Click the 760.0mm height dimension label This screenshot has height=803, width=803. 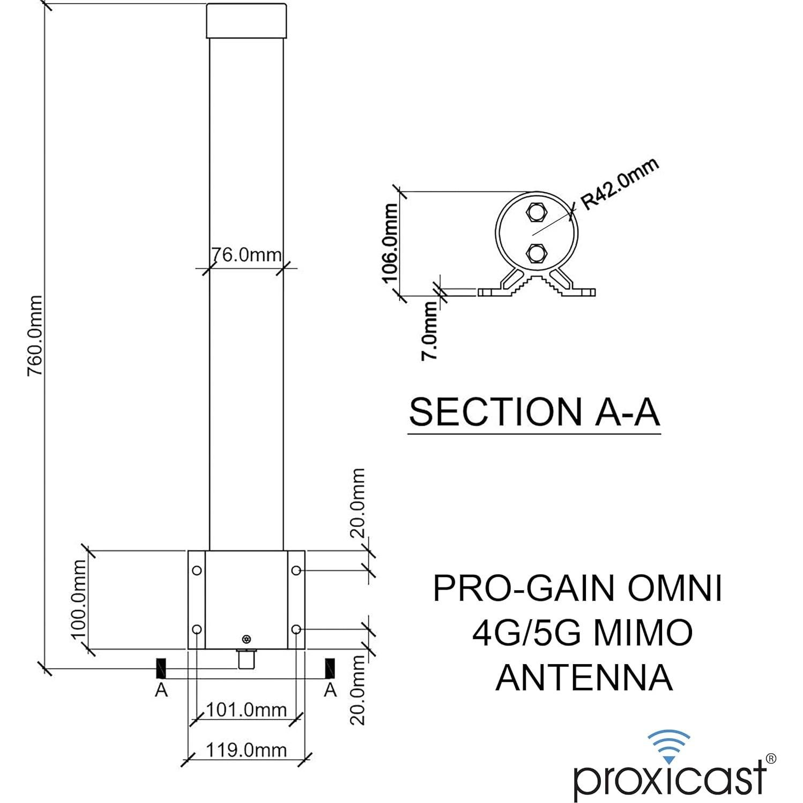click(35, 336)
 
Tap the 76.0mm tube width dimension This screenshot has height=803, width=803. click(246, 255)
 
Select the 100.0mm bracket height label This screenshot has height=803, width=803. click(79, 599)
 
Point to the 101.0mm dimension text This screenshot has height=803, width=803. click(246, 710)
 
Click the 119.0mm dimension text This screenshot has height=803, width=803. click(246, 749)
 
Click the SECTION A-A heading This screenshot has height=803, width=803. click(534, 412)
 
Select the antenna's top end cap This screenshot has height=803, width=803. click(246, 21)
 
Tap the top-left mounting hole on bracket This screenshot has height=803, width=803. click(197, 570)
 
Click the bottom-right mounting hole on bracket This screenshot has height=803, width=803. click(296, 628)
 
